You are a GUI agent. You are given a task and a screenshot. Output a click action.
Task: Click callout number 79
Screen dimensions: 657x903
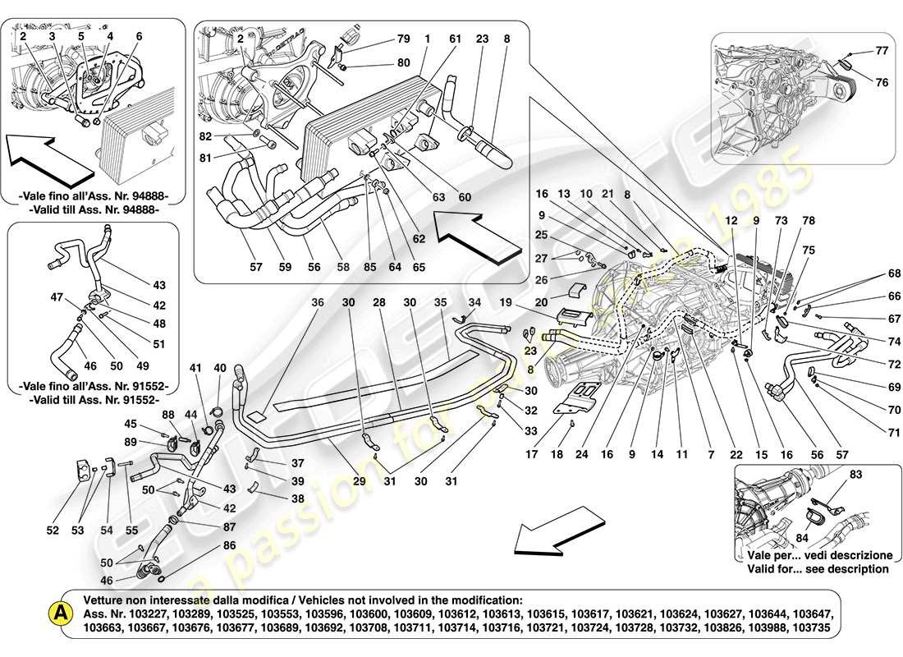click(x=403, y=39)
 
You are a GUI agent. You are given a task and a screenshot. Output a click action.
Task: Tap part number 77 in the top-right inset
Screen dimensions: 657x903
click(x=882, y=51)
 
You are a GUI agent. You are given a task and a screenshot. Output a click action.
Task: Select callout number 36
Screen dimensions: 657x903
click(x=317, y=302)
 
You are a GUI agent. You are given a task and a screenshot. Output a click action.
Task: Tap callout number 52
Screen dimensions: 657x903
click(x=53, y=531)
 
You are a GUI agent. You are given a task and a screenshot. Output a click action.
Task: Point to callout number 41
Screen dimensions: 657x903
click(x=195, y=368)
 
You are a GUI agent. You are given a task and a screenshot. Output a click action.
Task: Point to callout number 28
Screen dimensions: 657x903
click(x=379, y=302)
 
